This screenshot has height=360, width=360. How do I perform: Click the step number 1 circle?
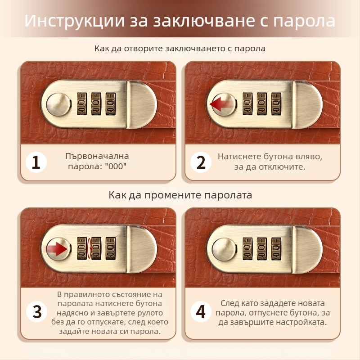tap(36, 163)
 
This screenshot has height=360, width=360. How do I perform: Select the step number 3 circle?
tap(36, 311)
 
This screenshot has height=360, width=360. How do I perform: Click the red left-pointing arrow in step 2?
tap(220, 104)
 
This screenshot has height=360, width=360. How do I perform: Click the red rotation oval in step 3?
tap(89, 248)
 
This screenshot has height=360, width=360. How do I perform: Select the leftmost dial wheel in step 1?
tap(82, 104)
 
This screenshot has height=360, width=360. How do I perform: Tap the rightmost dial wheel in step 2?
tap(275, 104)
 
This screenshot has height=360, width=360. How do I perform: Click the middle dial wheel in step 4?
tap(261, 248)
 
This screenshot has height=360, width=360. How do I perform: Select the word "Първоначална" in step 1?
tap(97, 156)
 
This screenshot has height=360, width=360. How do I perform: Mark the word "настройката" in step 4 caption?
tap(302, 323)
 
